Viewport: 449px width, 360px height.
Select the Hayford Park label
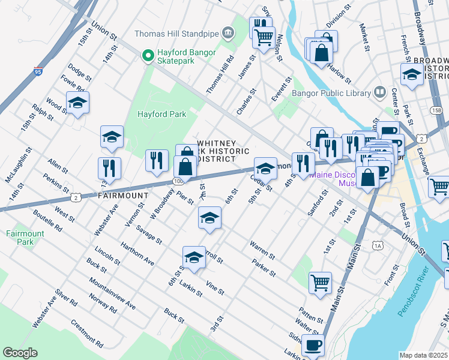[161, 114]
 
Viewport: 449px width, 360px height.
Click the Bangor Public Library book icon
[379, 92]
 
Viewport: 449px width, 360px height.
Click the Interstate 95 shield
[38, 72]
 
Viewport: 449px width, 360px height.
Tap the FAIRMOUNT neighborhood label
[122, 196]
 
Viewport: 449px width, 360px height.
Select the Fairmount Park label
[22, 238]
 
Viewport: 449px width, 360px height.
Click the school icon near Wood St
[77, 104]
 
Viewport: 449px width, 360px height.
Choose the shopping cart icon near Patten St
[321, 281]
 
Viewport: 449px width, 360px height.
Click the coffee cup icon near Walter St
[313, 346]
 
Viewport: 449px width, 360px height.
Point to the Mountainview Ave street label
[112, 293]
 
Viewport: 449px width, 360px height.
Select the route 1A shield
[378, 245]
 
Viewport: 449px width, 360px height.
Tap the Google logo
[20, 353]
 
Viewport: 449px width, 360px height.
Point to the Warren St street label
[262, 251]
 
